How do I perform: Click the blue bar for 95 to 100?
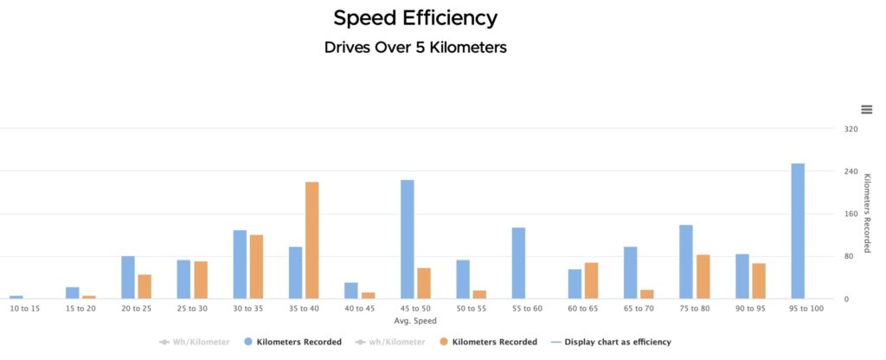[x=798, y=231]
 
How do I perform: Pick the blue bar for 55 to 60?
[x=518, y=263]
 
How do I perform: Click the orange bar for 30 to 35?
[x=256, y=267]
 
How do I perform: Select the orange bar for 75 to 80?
[x=703, y=277]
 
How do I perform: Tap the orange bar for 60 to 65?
[x=591, y=280]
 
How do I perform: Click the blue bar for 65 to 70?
[x=630, y=273]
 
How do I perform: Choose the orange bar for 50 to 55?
[x=479, y=294]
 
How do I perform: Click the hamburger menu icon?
[x=867, y=109]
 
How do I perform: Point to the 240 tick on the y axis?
[x=851, y=171]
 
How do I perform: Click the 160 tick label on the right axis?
[x=851, y=214]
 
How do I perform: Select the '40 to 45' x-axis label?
[x=360, y=309]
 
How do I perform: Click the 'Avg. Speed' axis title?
[x=415, y=321]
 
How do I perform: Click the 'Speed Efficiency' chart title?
[x=415, y=17]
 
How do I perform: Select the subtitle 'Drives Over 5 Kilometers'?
[x=415, y=48]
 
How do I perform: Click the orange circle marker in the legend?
[x=443, y=342]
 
